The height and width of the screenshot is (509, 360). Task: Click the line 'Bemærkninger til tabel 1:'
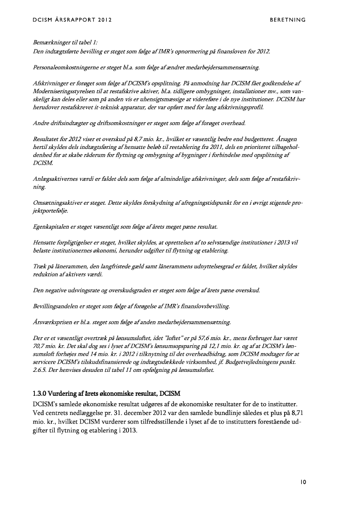[x=65, y=44]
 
